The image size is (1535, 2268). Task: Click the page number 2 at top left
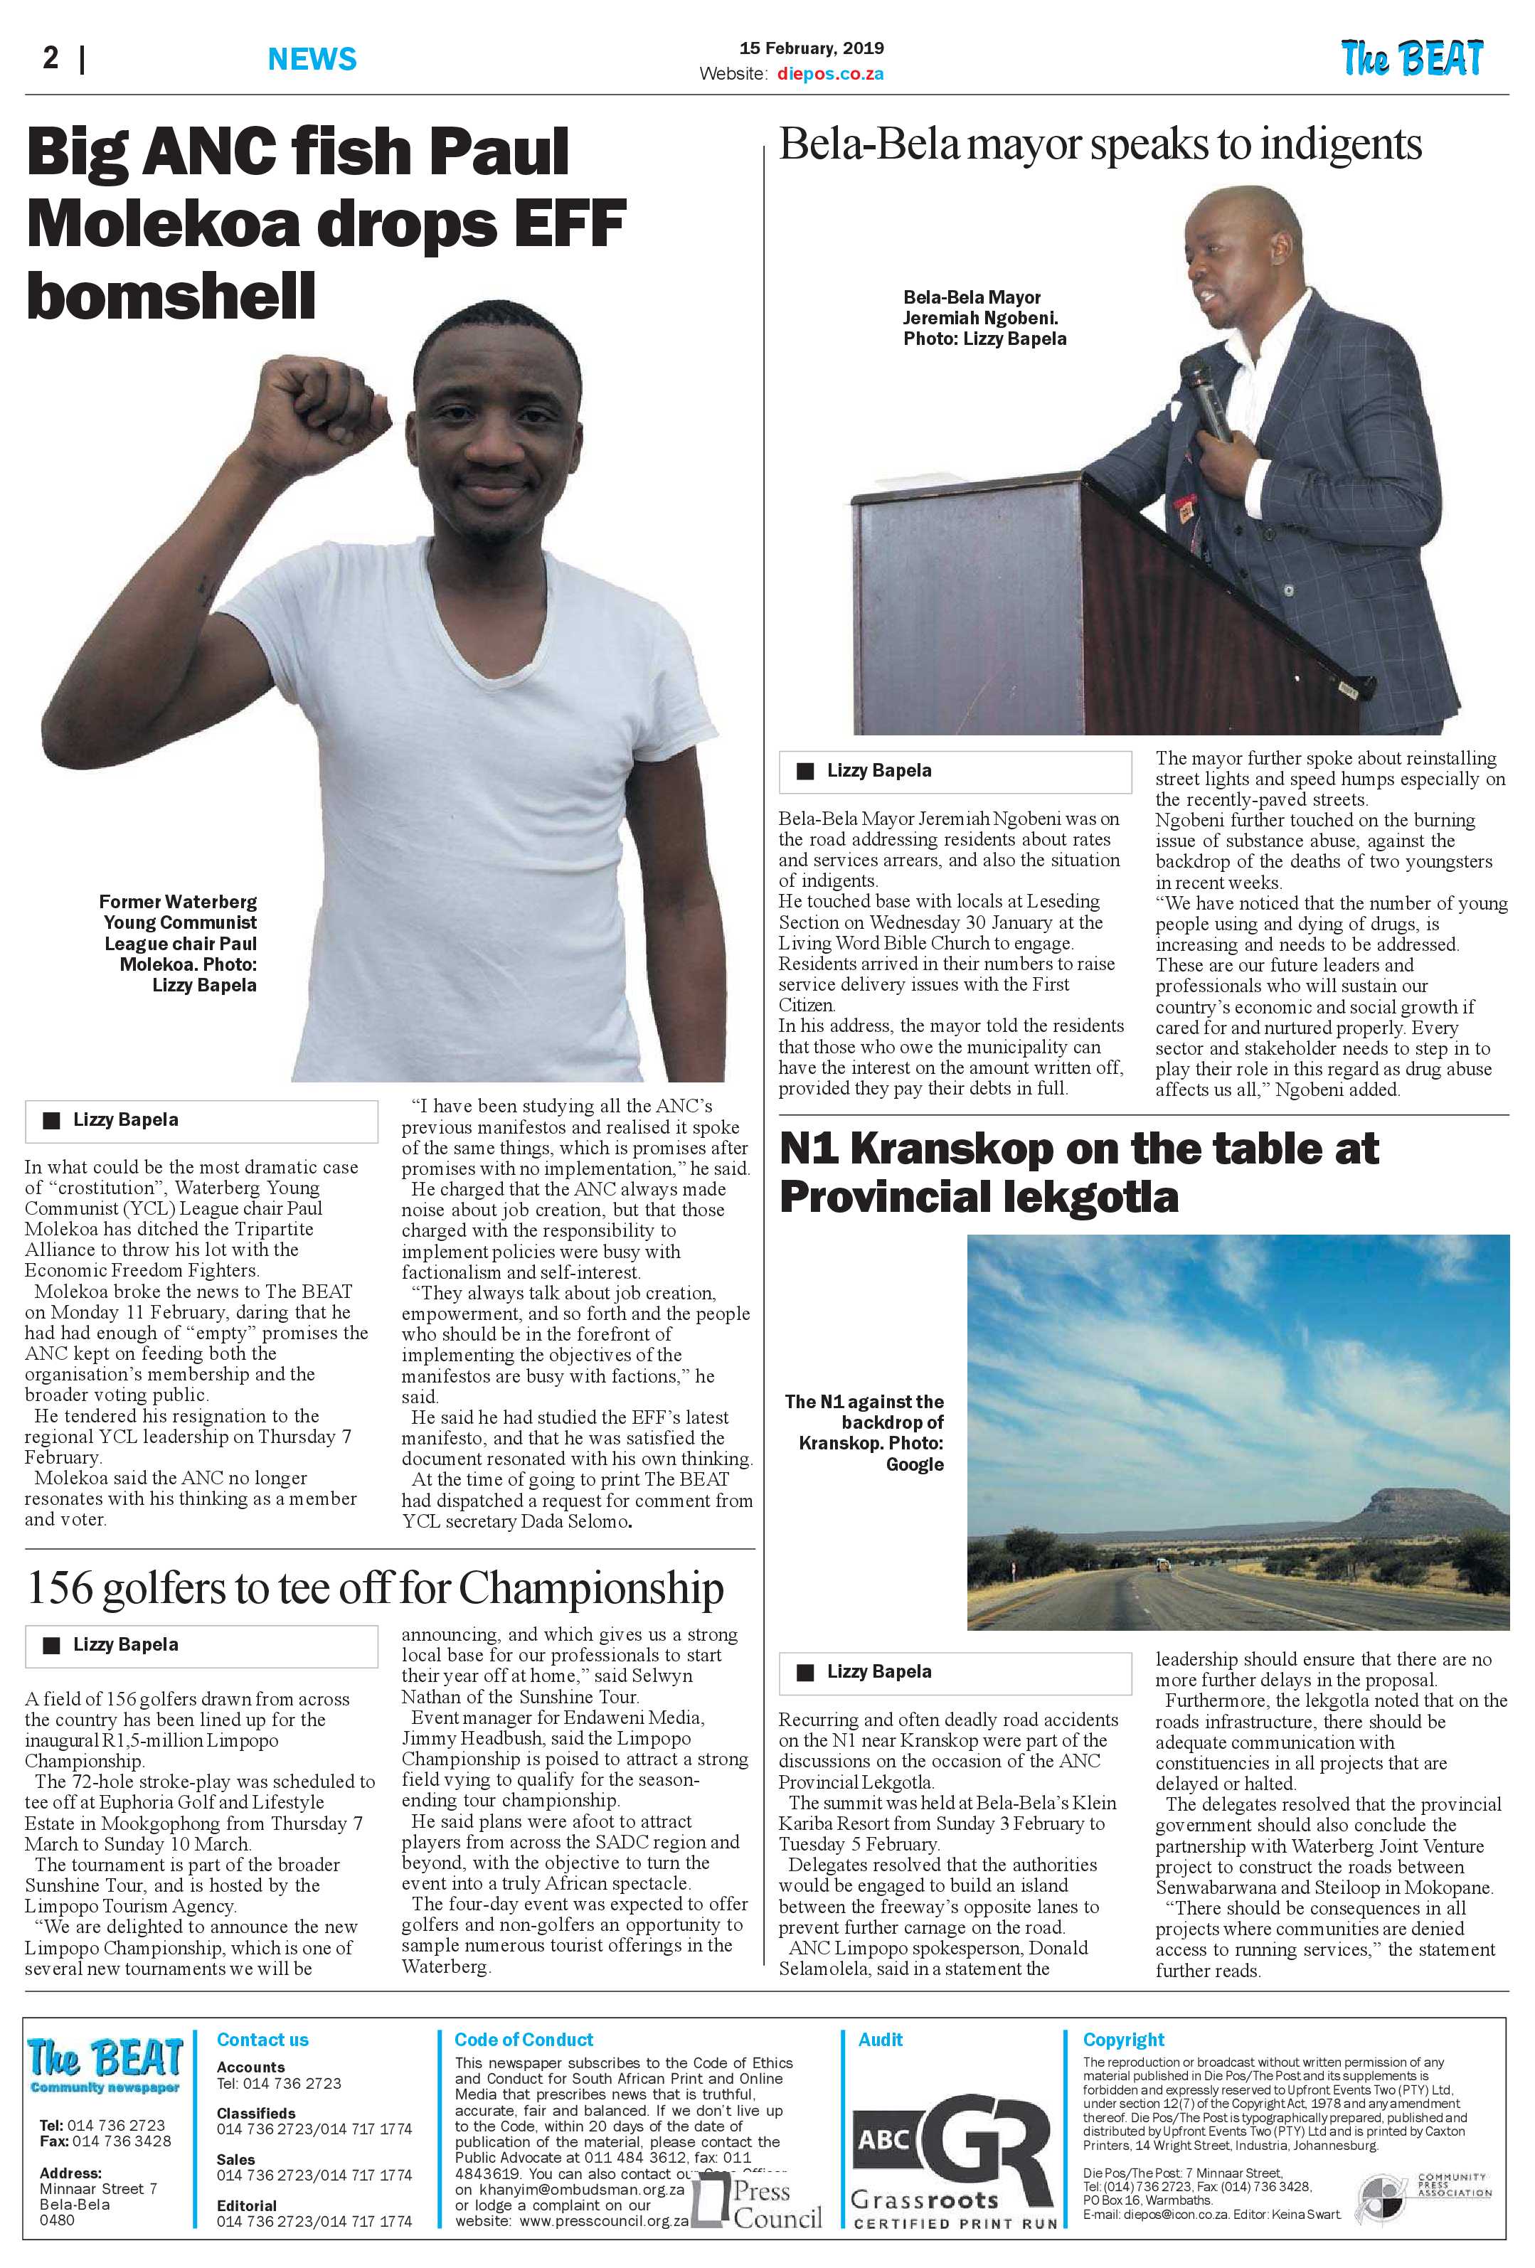[x=51, y=58]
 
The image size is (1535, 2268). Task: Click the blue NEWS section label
[x=312, y=60]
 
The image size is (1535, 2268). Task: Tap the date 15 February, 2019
[x=811, y=48]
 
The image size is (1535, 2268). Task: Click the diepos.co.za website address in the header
[x=830, y=74]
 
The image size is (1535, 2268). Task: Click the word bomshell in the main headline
[x=171, y=296]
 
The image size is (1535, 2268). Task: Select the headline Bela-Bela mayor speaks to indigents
[x=1100, y=144]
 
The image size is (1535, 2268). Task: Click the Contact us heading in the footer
[x=262, y=2040]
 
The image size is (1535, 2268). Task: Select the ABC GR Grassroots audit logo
[x=953, y=2158]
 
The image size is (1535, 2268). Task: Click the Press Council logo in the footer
[x=758, y=2205]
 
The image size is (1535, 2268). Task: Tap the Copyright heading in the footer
[x=1123, y=2040]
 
